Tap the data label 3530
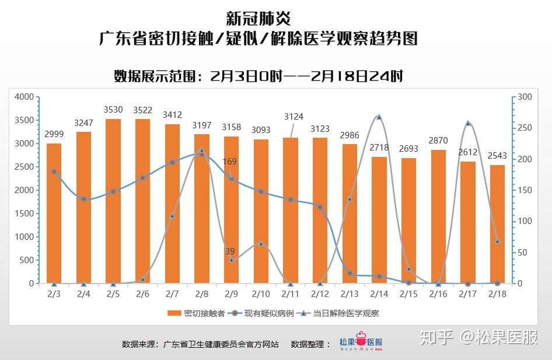pos(113,110)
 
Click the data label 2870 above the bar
pos(438,141)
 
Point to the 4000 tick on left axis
pos(25,97)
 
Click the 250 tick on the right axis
pos(525,128)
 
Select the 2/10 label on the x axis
pos(261,293)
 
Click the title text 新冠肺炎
pos(258,18)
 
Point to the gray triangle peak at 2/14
pos(379,117)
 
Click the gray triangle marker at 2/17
pos(468,123)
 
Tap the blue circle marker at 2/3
pos(54,172)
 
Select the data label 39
pos(230,251)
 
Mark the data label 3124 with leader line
pos(294,117)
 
